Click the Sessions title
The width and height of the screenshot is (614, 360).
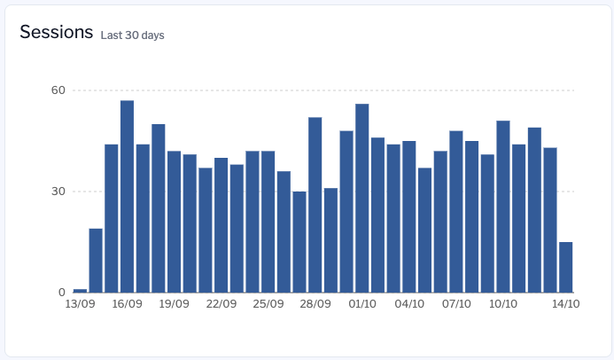[x=56, y=33]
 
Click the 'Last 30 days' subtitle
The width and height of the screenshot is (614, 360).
[x=132, y=35]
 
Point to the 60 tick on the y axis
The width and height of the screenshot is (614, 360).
[x=58, y=90]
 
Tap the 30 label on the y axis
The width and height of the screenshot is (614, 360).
[x=58, y=192]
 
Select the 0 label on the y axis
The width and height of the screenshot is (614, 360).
[x=62, y=293]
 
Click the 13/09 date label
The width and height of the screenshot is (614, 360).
[x=80, y=304]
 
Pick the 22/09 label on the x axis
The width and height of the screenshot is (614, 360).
[x=221, y=304]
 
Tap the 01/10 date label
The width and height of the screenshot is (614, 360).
[x=362, y=304]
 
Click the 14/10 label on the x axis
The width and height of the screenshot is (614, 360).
[x=565, y=304]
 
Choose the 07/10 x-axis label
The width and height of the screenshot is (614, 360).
[x=456, y=304]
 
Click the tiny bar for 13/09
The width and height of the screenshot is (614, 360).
[x=80, y=290]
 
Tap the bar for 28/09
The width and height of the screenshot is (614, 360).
[x=315, y=205]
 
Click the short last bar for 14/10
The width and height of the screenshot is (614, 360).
[x=565, y=267]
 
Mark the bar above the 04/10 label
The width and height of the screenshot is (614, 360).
[x=408, y=217]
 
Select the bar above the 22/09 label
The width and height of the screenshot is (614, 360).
[x=221, y=225]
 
